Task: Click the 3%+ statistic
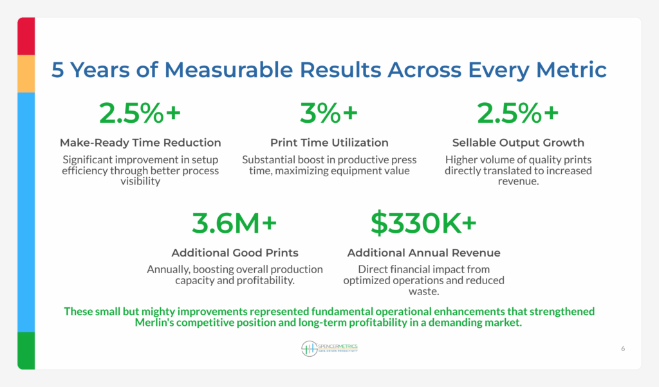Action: point(329,113)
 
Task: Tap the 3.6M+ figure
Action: point(234,223)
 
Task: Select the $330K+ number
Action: point(423,223)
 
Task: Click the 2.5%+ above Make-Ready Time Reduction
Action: point(140,113)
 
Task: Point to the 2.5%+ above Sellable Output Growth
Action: point(518,113)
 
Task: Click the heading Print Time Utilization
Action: point(329,143)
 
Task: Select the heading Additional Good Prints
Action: point(235,253)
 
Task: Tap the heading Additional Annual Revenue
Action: point(423,253)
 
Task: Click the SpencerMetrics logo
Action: point(329,348)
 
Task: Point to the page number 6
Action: point(623,348)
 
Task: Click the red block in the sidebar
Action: point(26,36)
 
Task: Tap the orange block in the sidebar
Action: point(26,74)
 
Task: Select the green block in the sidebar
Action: point(26,350)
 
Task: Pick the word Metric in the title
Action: point(571,69)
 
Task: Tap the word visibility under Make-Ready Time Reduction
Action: point(140,181)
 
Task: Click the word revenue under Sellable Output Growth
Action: point(517,181)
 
